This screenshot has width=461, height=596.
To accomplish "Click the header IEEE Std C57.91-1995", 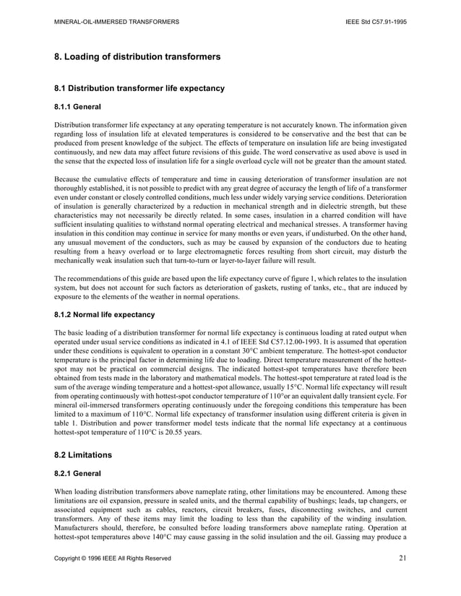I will pos(376,22).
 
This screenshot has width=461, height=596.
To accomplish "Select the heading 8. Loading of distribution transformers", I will pos(138,56).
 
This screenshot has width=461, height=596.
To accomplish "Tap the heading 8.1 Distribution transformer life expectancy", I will pos(139,89).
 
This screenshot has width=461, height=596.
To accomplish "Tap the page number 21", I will pos(402,558).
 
